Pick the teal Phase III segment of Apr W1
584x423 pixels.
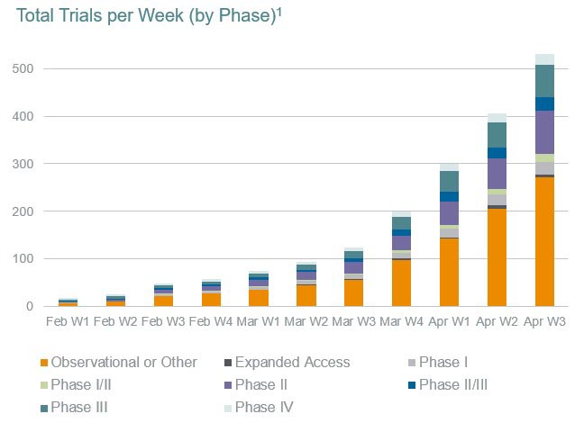click(x=450, y=181)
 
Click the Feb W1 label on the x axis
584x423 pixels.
click(x=68, y=319)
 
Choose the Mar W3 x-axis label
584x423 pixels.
click(x=354, y=319)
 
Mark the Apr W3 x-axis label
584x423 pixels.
click(x=544, y=319)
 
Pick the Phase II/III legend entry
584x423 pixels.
click(x=468, y=385)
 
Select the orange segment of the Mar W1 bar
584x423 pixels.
click(x=259, y=298)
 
